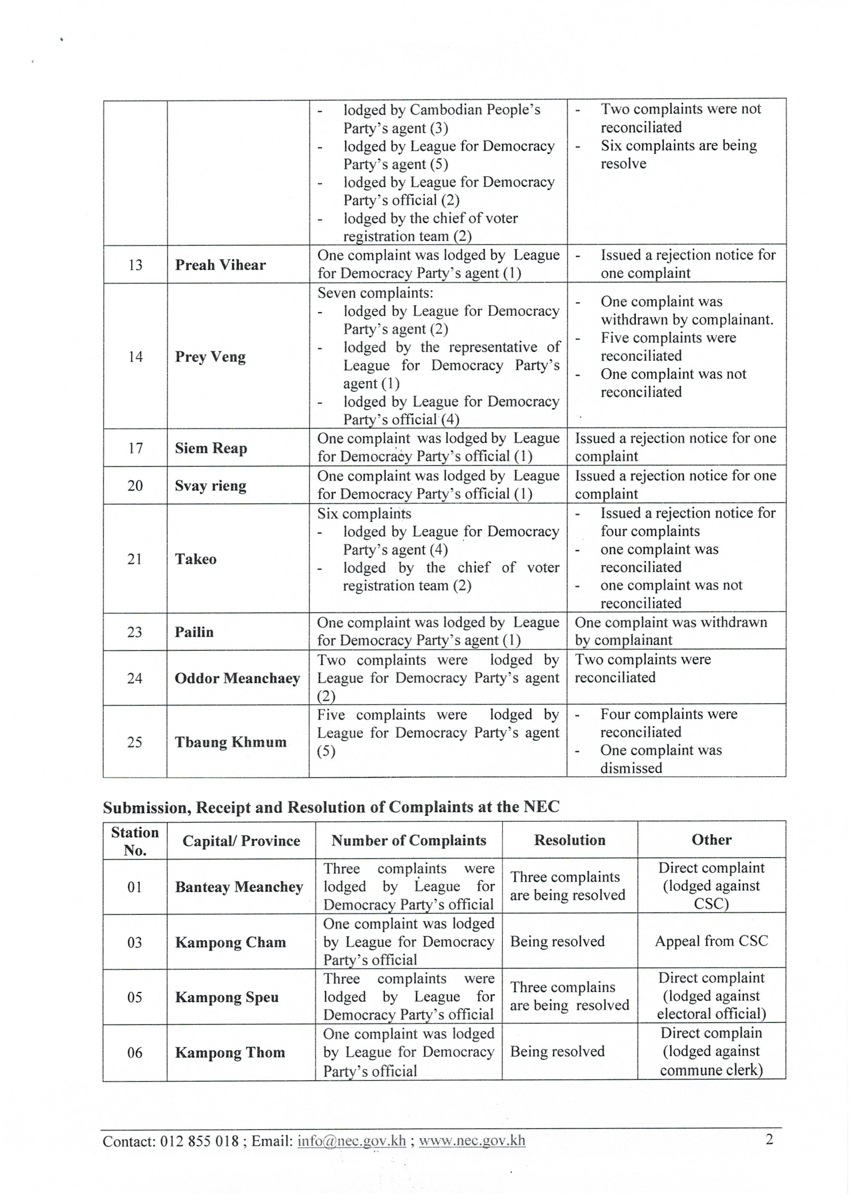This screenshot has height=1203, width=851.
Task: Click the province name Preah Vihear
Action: click(x=220, y=265)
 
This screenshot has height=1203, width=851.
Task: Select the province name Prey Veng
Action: click(x=210, y=357)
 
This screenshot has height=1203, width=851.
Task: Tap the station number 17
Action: click(x=135, y=448)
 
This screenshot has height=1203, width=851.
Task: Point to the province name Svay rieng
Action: click(x=210, y=486)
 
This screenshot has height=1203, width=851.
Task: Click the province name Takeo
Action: click(x=196, y=559)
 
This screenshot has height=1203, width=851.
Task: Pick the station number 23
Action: click(x=135, y=632)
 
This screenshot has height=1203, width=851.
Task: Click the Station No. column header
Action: click(x=135, y=841)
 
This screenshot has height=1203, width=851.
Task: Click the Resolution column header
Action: click(x=569, y=840)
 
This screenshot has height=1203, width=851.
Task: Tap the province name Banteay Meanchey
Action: click(x=239, y=887)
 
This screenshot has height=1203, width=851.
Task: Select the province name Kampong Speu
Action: click(x=227, y=997)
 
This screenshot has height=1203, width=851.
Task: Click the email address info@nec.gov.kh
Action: click(x=351, y=1141)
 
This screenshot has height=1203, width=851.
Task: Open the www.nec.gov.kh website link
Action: click(x=472, y=1141)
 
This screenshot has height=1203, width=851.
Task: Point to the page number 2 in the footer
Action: click(x=769, y=1139)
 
